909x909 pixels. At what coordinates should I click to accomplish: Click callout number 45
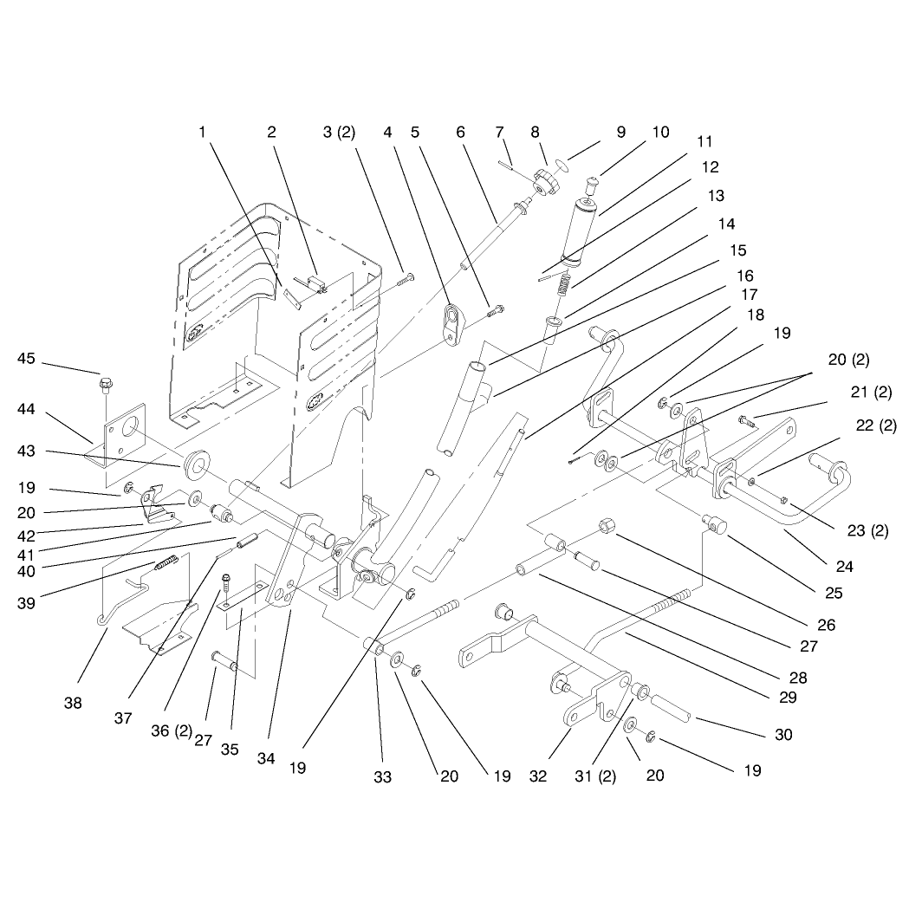pyautogui.click(x=26, y=358)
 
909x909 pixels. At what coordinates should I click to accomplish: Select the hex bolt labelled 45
pyautogui.click(x=106, y=385)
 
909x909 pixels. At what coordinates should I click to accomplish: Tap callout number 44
pyautogui.click(x=26, y=409)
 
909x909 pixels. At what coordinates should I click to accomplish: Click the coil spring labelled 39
pyautogui.click(x=166, y=562)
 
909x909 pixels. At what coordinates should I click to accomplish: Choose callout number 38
pyautogui.click(x=73, y=704)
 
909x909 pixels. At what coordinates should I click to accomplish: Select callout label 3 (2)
pyautogui.click(x=339, y=133)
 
